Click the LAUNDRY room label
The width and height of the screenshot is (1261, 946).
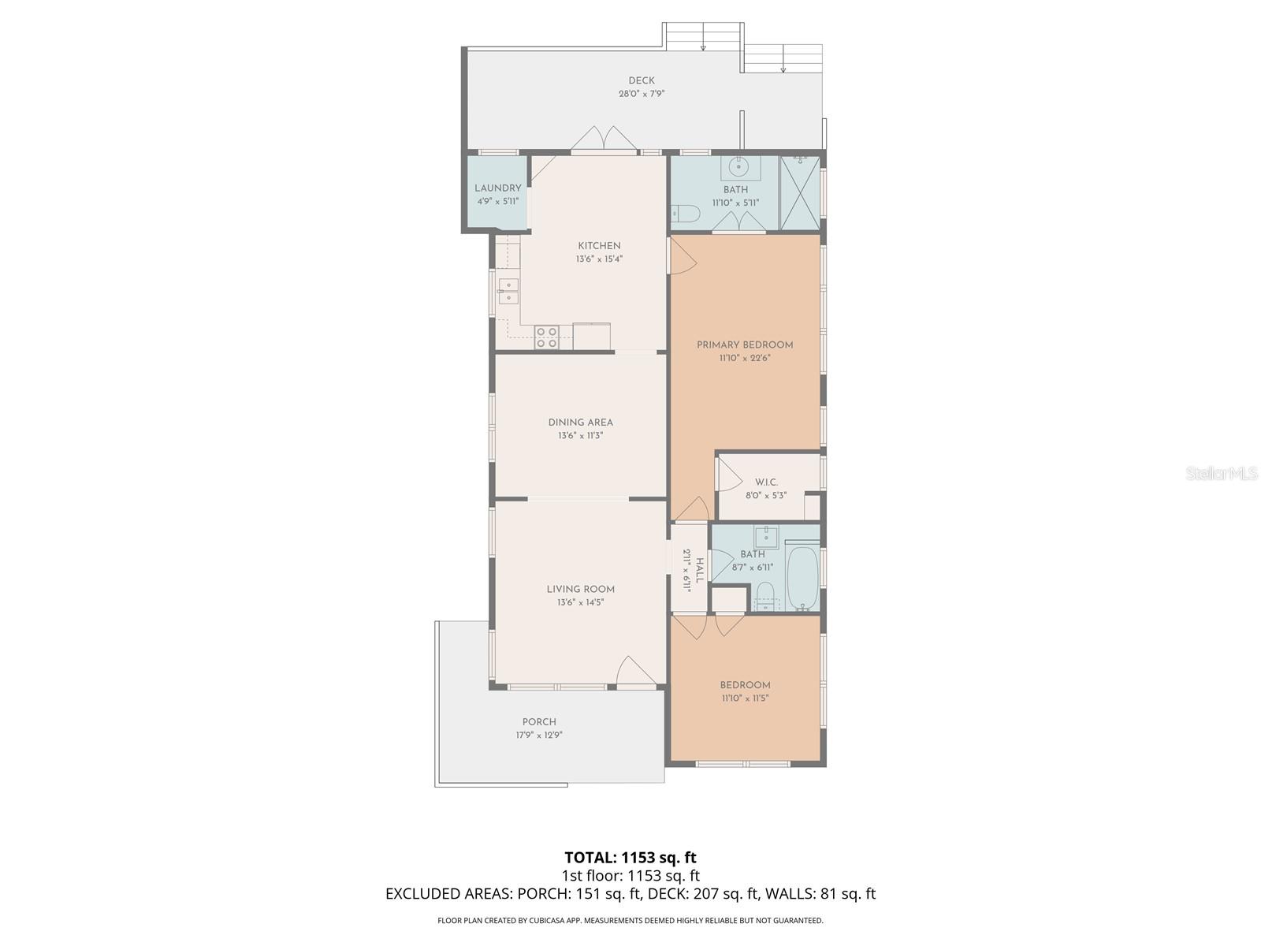[497, 188]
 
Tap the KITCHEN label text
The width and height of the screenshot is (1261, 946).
[599, 246]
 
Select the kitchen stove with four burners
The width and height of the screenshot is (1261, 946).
[143, 337]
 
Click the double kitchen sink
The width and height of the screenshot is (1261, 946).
[106, 291]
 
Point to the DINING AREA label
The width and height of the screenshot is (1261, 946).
[580, 423]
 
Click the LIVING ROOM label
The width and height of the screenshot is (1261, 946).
[580, 589]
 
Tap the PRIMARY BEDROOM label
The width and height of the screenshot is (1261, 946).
[745, 345]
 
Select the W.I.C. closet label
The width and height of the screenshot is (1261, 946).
[766, 482]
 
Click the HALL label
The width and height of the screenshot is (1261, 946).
[699, 570]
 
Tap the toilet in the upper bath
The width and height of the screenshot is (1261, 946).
[685, 214]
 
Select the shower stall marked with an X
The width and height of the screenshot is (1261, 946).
[800, 194]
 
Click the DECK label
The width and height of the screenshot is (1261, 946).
[641, 81]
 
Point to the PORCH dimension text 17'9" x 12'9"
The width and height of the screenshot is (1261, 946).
[539, 735]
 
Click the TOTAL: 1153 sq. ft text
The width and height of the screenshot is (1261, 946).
[630, 858]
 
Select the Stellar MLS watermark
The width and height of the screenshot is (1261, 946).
[1222, 473]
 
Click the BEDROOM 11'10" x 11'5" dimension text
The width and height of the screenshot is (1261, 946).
[745, 698]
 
